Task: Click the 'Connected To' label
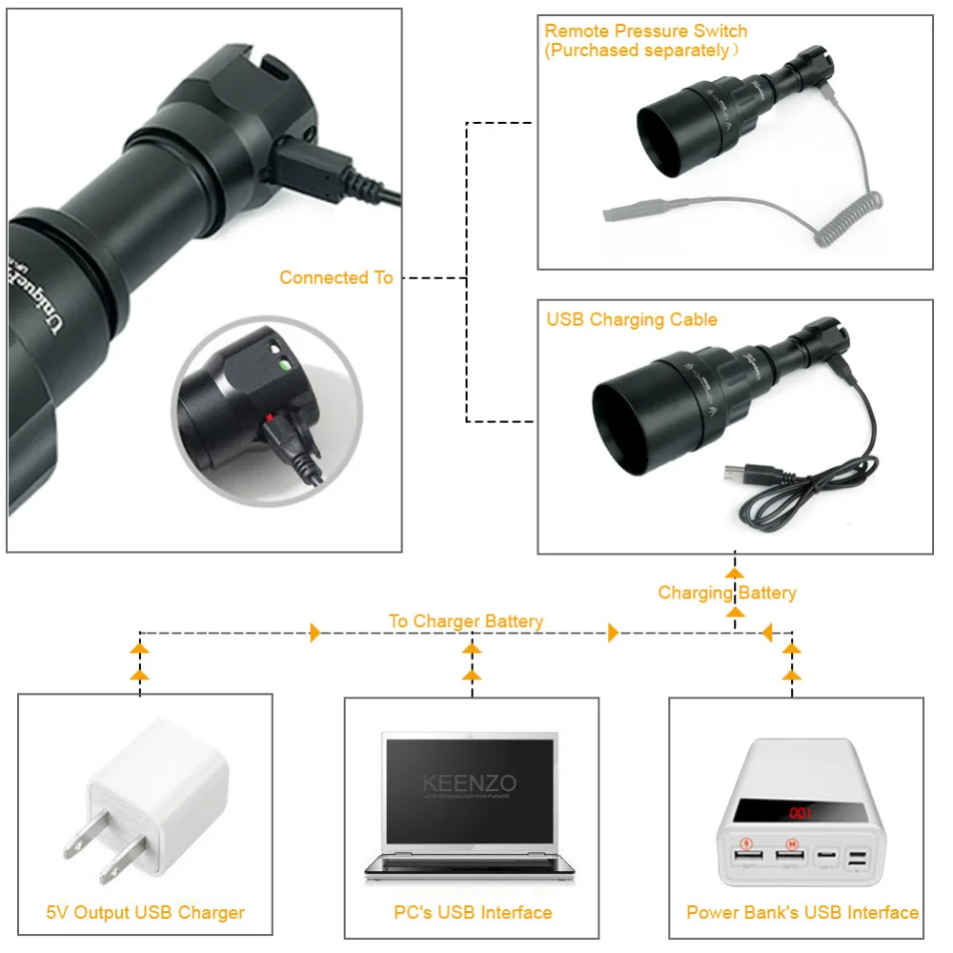point(335,277)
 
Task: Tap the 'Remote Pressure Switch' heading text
point(645,31)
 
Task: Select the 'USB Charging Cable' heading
point(631,319)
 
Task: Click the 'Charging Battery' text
point(726,593)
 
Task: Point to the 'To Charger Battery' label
point(465,621)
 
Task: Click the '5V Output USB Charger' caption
point(145,912)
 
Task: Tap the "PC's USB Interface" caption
point(473,912)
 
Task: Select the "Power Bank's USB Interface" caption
point(801,912)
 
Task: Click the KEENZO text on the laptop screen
point(470,783)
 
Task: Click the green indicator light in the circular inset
point(282,363)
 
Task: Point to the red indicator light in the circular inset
point(270,416)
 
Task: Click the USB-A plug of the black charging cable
point(742,474)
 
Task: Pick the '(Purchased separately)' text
point(641,51)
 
